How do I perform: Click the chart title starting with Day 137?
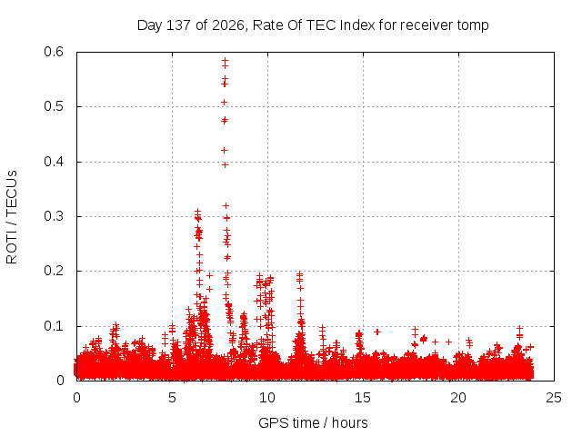[x=313, y=25]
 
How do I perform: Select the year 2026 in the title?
[x=228, y=25]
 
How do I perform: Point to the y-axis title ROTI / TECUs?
[x=12, y=217]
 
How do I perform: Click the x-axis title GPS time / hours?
[x=313, y=422]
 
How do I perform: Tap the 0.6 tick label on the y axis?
[x=54, y=52]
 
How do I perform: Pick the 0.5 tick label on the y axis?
[x=54, y=106]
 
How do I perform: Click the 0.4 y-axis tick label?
[x=54, y=162]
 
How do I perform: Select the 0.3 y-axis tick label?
[x=54, y=216]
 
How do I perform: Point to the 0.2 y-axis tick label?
[x=54, y=271]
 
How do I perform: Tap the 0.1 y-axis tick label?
[x=54, y=326]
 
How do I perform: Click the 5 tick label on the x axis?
[x=172, y=398]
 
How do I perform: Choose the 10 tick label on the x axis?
[x=267, y=398]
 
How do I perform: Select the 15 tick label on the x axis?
[x=363, y=398]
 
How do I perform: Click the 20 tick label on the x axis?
[x=458, y=398]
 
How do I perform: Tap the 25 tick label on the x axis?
[x=554, y=398]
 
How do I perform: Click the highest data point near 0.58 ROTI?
[x=225, y=61]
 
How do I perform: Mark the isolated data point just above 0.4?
[x=224, y=150]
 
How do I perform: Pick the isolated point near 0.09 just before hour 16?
[x=377, y=332]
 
